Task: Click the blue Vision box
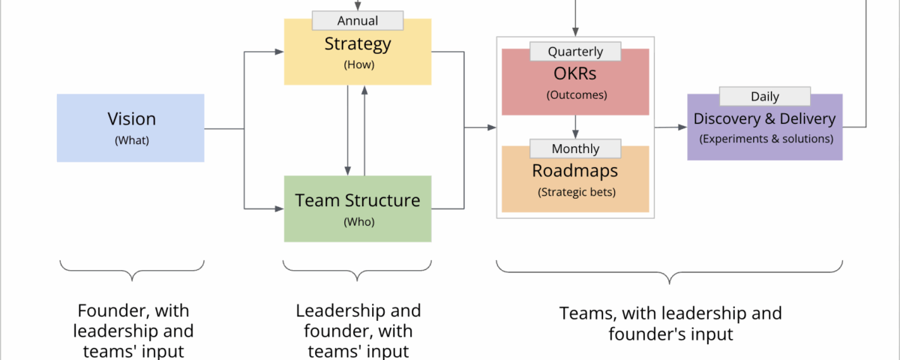[130, 127]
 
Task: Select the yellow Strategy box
[358, 52]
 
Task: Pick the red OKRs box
[575, 82]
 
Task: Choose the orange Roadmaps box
[575, 180]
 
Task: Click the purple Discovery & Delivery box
[764, 127]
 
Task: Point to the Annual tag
[358, 20]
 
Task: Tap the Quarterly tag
[575, 52]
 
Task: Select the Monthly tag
[575, 148]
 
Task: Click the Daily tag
[764, 96]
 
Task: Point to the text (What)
[131, 139]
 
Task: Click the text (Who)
[358, 221]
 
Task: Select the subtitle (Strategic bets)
[576, 192]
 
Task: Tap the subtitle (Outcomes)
[576, 95]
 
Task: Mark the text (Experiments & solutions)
[764, 139]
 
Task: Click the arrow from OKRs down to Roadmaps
[575, 126]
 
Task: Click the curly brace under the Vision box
[131, 271]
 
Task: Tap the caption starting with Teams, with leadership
[670, 323]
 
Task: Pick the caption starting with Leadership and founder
[358, 330]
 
